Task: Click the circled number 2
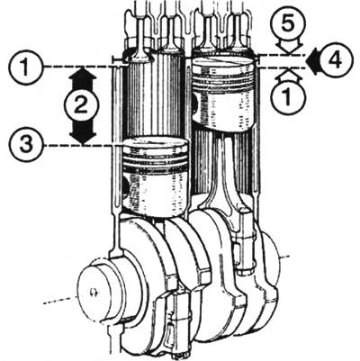coord(81,106)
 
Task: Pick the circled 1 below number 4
coord(288,96)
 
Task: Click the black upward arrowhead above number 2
coord(83,78)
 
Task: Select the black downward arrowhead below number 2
coord(83,133)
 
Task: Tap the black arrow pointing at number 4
coord(312,61)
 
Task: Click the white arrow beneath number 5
coord(288,48)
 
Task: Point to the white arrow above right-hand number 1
coord(288,75)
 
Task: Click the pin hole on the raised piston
coord(195,103)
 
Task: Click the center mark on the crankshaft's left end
coord(93,292)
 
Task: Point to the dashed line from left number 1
coord(80,67)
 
